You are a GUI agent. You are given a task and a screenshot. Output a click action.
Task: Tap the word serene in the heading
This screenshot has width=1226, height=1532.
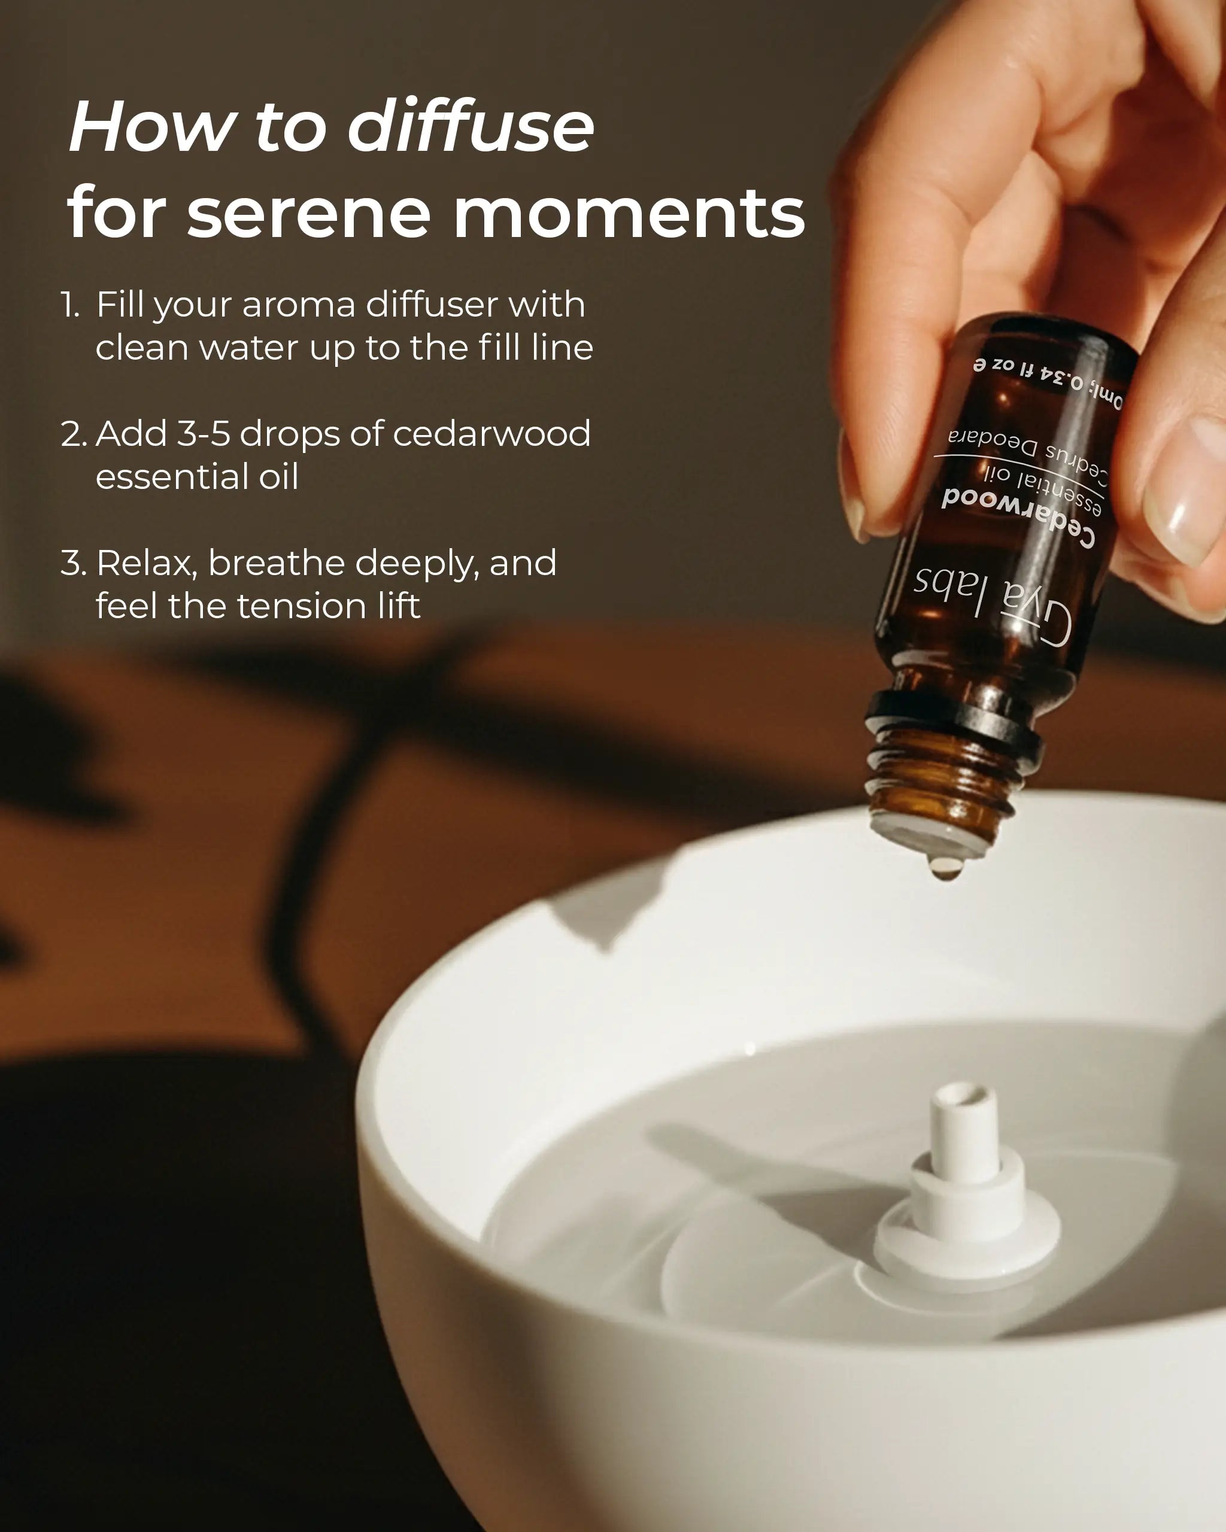(x=308, y=213)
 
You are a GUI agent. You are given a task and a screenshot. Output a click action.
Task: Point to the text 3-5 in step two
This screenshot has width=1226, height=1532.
(x=204, y=433)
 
